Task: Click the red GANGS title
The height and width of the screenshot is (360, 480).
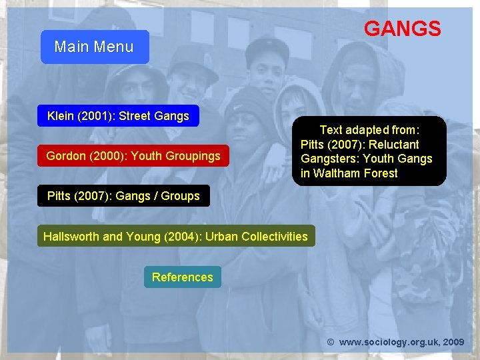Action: click(x=402, y=29)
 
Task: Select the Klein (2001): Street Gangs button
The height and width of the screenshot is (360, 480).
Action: click(x=118, y=116)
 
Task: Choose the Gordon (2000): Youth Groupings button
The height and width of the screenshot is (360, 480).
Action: click(x=133, y=156)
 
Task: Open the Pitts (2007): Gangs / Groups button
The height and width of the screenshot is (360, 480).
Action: click(x=123, y=196)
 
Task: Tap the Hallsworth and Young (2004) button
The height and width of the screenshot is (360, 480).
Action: click(x=175, y=236)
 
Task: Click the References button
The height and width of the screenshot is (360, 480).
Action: click(x=182, y=277)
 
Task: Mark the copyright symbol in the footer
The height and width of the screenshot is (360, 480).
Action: click(x=330, y=342)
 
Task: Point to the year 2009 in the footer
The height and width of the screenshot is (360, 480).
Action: click(x=453, y=342)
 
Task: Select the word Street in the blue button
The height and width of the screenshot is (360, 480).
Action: click(x=134, y=116)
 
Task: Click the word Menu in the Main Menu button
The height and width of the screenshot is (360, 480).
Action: click(x=113, y=47)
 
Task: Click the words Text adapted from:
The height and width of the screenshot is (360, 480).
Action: click(x=369, y=130)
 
